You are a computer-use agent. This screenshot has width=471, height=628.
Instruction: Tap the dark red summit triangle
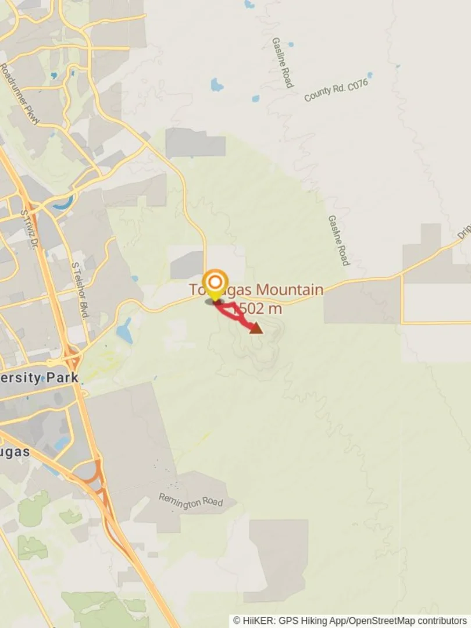pyautogui.click(x=256, y=329)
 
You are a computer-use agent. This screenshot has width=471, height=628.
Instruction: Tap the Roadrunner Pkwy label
pyautogui.click(x=20, y=94)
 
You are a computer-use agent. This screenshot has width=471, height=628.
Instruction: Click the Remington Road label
pyautogui.click(x=191, y=501)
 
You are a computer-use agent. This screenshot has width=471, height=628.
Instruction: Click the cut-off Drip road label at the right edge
pyautogui.click(x=463, y=232)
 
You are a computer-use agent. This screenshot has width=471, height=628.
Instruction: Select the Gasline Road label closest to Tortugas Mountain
pyautogui.click(x=338, y=240)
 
